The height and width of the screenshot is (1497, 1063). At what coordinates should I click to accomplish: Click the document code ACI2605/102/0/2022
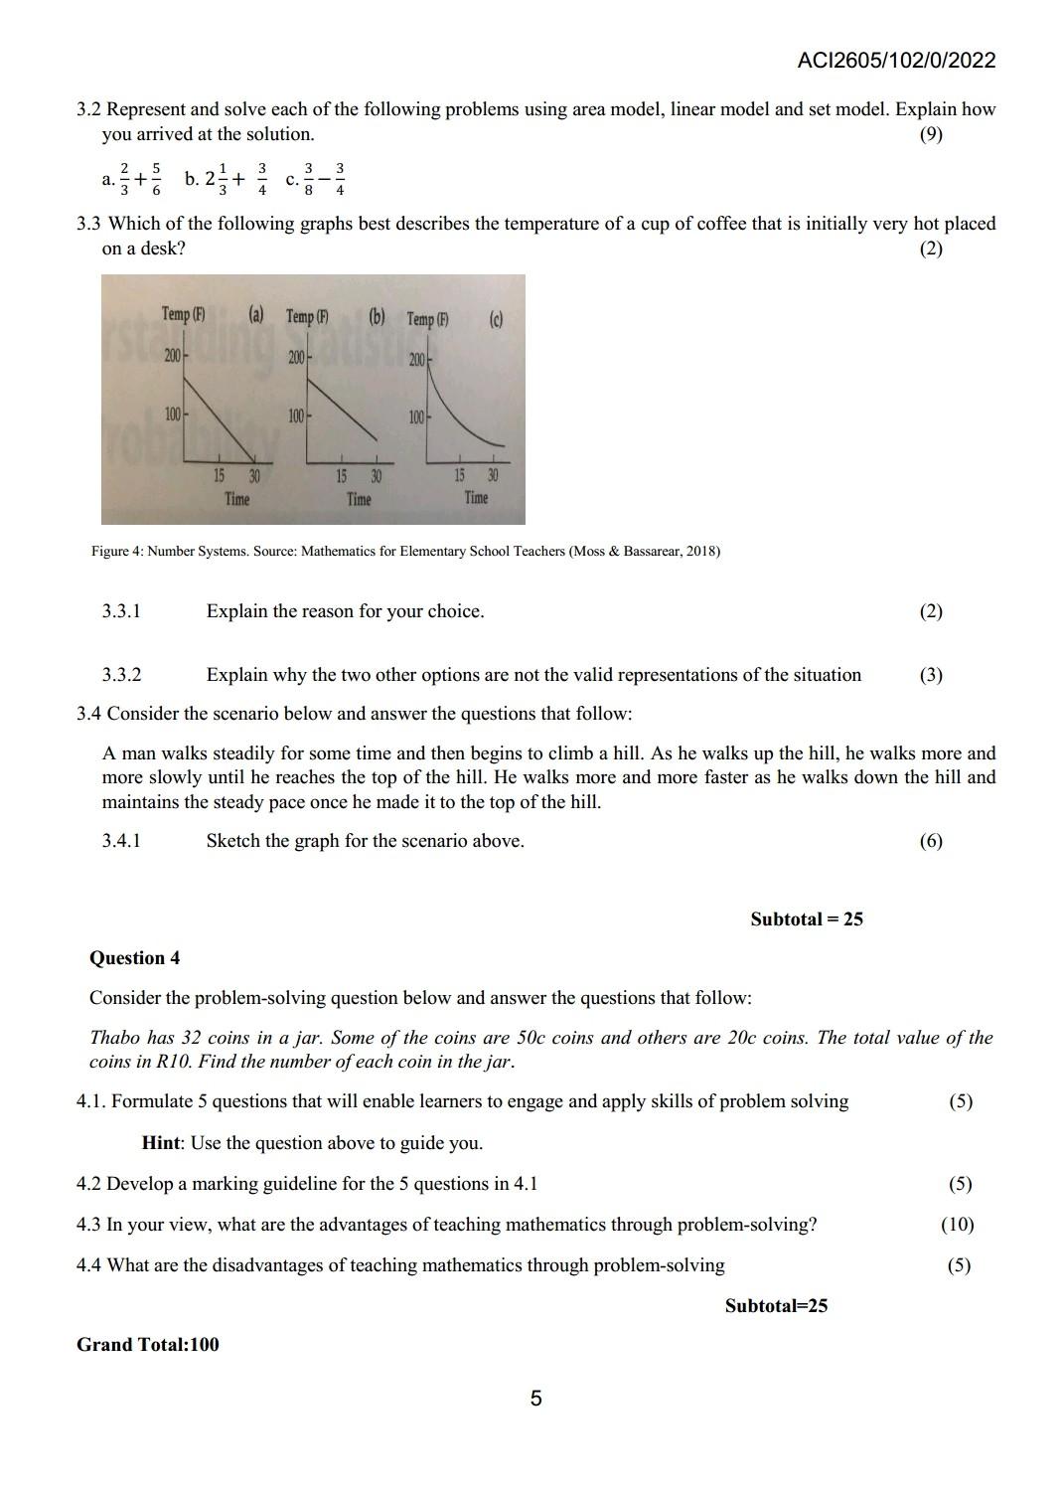(895, 61)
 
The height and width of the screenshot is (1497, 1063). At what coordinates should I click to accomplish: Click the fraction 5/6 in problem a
(157, 179)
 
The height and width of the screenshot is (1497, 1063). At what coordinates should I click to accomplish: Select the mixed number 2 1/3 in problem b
(216, 179)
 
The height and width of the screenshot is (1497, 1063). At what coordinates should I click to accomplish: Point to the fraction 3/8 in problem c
(309, 179)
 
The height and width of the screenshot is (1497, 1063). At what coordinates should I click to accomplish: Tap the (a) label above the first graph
(256, 315)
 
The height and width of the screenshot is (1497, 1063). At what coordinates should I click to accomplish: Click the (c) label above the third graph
(496, 319)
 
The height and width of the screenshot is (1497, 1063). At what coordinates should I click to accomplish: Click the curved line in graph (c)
(467, 420)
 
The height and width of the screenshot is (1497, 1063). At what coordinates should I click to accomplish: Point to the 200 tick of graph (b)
(296, 357)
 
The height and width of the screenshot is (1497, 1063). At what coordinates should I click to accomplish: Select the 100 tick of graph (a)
(173, 415)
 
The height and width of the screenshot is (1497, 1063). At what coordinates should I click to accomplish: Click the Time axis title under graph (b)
(359, 499)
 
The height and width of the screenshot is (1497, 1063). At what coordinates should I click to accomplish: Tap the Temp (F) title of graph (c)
(427, 319)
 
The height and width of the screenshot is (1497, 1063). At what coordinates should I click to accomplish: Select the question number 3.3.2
(121, 675)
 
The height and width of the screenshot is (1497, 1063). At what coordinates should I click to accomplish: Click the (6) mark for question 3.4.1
(931, 841)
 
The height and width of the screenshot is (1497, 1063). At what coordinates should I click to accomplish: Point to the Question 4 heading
(134, 958)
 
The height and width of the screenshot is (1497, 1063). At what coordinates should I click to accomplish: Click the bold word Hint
(161, 1143)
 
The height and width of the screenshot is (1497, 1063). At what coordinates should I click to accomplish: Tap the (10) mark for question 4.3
(957, 1225)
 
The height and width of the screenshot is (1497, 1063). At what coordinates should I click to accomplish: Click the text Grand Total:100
(148, 1345)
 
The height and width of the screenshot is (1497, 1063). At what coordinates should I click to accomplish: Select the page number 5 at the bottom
(535, 1400)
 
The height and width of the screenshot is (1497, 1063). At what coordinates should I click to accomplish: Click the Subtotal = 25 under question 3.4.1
(807, 919)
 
